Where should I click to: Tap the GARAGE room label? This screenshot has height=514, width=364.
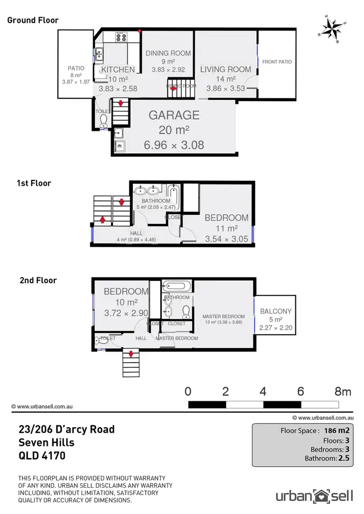tap(174, 115)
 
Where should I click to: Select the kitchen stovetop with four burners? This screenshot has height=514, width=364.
tap(120, 37)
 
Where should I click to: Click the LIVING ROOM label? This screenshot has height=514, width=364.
tap(226, 69)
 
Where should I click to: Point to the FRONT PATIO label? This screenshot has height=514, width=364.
tap(277, 62)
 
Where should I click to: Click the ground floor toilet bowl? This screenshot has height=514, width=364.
tap(103, 126)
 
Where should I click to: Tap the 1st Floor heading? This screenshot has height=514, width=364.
tap(34, 183)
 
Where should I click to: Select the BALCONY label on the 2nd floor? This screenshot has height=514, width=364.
tap(275, 311)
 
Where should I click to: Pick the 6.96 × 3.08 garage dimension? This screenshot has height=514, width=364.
tap(174, 145)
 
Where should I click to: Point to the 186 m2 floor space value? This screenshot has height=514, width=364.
tap(338, 430)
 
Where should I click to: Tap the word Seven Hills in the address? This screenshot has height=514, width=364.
tap(46, 442)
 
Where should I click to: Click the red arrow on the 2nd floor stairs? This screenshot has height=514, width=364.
tap(130, 354)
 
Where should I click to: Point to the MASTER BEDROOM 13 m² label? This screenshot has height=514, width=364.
tap(223, 317)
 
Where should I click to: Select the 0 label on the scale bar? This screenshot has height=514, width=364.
tap(188, 391)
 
